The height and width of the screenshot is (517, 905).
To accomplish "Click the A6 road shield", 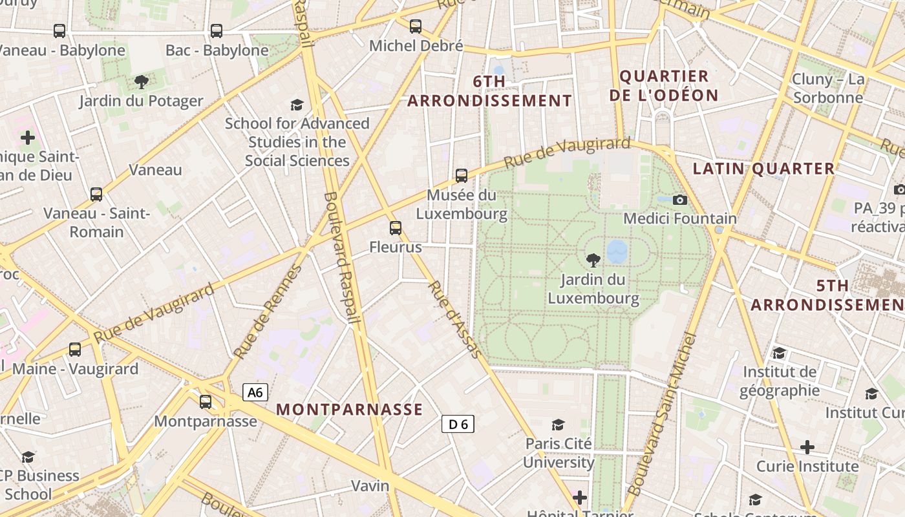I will [x=255, y=392].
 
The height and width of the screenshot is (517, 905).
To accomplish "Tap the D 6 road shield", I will [x=458, y=424].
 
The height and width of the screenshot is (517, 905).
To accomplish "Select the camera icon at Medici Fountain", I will [x=679, y=200].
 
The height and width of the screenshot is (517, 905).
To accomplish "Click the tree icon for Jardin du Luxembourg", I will [x=592, y=260].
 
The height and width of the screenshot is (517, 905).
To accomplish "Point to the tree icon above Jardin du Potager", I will [x=141, y=82].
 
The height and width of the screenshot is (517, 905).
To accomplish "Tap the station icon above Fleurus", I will [x=396, y=227].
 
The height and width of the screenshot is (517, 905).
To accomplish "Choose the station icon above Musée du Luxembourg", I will [x=461, y=175].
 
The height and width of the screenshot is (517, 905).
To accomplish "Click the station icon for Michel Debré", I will [x=416, y=26].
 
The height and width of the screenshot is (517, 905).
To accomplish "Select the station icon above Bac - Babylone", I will [x=217, y=30].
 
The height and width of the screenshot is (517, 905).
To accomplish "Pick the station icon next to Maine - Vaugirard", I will [x=75, y=350].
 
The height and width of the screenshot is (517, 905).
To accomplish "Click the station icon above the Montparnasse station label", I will [x=206, y=401].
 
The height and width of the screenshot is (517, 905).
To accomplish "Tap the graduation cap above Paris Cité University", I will [x=558, y=425].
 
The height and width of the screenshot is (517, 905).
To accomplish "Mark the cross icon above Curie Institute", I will [x=807, y=447].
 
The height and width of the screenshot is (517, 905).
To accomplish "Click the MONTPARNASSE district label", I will [x=349, y=409].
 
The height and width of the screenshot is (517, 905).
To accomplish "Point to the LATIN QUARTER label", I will [x=763, y=169].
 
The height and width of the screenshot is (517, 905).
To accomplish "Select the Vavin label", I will [x=370, y=485].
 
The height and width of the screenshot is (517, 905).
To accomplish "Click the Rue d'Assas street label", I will [x=454, y=319].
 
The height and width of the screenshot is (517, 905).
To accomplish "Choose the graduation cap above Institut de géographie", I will [x=779, y=353].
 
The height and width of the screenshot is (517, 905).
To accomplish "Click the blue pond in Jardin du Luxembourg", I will [x=617, y=251].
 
